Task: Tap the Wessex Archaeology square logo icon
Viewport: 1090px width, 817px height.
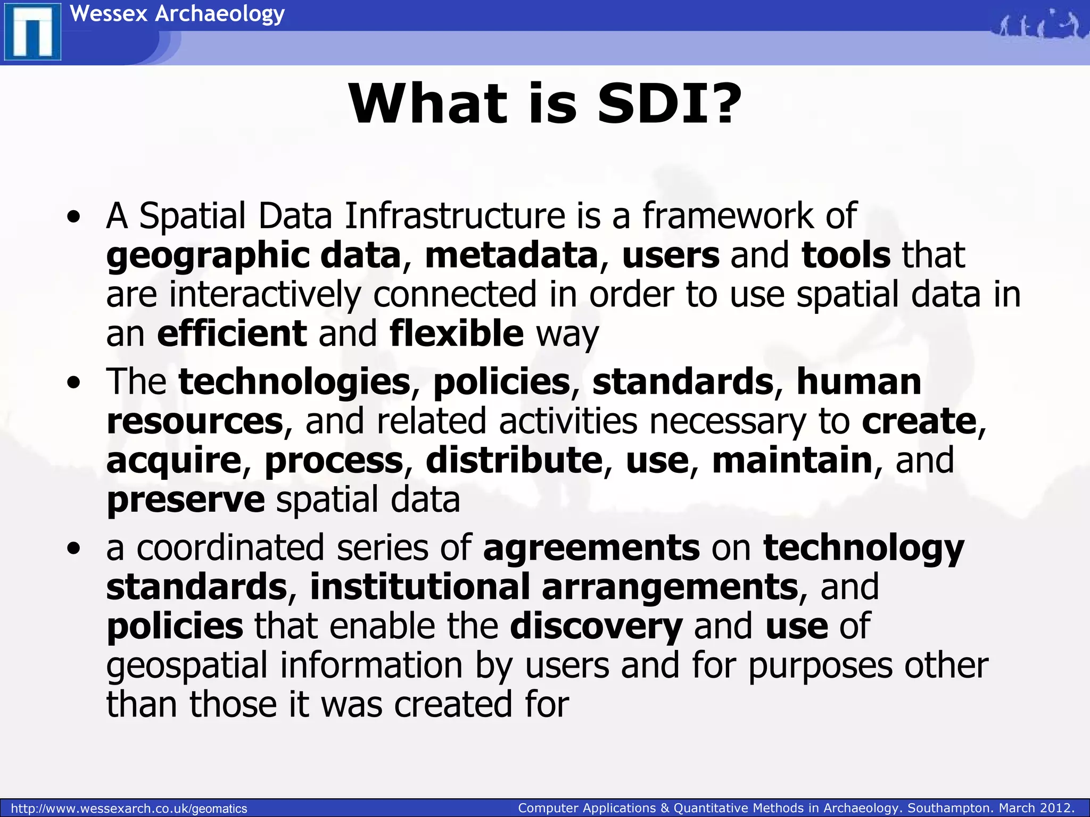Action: [32, 33]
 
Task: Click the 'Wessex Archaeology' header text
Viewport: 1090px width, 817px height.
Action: [177, 13]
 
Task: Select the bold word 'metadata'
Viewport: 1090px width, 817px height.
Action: [511, 255]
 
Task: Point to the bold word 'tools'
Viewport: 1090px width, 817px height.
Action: [846, 255]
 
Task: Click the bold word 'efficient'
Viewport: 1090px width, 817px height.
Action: [232, 334]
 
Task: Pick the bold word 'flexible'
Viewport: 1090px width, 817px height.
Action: [457, 334]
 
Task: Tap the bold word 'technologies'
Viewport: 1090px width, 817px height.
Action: [294, 381]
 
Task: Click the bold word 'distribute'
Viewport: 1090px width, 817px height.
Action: [514, 460]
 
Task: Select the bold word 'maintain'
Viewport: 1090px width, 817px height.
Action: [792, 460]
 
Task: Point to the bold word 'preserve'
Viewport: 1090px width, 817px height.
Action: [185, 500]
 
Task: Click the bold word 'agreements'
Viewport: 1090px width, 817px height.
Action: [591, 548]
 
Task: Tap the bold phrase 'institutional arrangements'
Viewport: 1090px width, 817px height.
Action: [554, 587]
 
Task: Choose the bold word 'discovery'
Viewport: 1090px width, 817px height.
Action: [596, 626]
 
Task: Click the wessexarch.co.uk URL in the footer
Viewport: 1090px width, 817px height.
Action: [129, 808]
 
